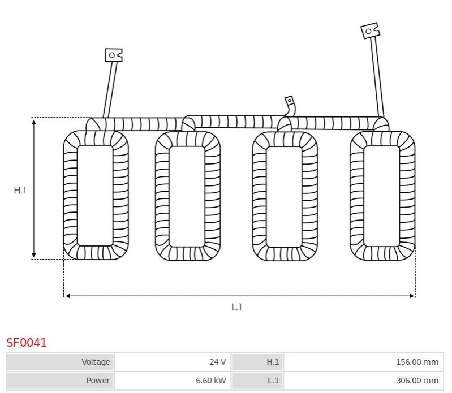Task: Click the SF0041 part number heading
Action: pos(26,342)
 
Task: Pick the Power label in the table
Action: pos(98,381)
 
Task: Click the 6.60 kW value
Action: pos(211,381)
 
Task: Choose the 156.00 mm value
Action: pos(417,361)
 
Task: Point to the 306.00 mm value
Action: pos(417,381)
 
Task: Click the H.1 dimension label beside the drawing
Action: pos(20,190)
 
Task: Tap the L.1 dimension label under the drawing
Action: pos(236,307)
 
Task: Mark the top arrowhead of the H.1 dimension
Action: pos(34,122)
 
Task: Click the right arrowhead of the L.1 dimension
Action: pos(412,296)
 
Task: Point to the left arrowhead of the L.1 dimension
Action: pos(68,296)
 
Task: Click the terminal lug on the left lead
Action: pos(114,55)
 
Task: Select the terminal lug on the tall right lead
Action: pos(370,31)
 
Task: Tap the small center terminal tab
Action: pos(290,101)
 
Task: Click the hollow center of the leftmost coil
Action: pos(95,195)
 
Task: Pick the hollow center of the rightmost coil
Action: pos(382,196)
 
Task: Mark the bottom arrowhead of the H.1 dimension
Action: pos(34,254)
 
